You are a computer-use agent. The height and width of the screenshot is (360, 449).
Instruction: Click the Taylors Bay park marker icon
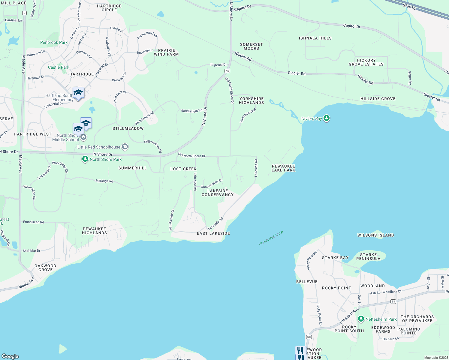(x=327, y=118)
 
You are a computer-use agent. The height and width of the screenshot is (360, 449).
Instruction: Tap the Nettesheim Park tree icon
(x=361, y=319)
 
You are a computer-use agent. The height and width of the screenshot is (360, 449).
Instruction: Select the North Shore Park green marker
(x=85, y=159)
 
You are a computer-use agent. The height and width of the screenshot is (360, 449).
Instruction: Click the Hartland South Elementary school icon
(x=78, y=93)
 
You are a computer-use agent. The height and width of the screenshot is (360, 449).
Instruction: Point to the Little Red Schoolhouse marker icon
(x=125, y=147)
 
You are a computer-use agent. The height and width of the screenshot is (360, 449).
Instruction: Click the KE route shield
(x=227, y=71)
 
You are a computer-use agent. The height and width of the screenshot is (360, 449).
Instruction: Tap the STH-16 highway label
(x=409, y=7)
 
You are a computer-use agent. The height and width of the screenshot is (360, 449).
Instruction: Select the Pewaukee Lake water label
(x=271, y=238)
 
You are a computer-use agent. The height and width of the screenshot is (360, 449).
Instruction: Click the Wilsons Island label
(x=375, y=235)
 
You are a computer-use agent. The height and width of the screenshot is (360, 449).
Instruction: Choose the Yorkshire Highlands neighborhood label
(x=251, y=100)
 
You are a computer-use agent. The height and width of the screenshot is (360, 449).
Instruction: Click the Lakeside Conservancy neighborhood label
(x=217, y=193)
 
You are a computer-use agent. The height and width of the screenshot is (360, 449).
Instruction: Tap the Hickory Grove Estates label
(x=366, y=62)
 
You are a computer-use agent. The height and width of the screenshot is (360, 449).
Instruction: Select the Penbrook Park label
(x=54, y=42)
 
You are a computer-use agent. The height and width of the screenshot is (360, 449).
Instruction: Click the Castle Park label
(x=59, y=67)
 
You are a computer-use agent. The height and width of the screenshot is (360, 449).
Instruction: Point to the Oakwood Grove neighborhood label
(x=45, y=268)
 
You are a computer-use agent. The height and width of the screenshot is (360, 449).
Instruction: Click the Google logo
(x=10, y=356)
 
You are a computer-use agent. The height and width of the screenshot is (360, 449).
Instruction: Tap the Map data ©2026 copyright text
(x=435, y=358)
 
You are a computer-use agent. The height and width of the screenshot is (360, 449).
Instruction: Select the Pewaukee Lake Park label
(x=283, y=168)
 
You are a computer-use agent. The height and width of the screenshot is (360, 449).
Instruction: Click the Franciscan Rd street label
(x=33, y=222)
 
